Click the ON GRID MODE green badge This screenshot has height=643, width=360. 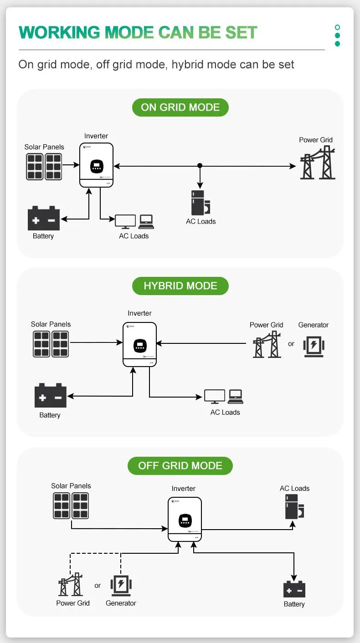tap(180, 107)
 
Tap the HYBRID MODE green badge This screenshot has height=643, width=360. tap(180, 286)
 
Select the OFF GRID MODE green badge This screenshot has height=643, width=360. tap(180, 466)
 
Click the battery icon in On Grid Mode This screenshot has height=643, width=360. tap(44, 219)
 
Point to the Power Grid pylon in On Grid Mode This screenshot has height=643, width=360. tap(318, 163)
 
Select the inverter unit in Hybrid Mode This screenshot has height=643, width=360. tap(140, 344)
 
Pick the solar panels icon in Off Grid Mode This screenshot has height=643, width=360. tap(71, 505)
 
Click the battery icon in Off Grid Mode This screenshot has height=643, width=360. tap(294, 589)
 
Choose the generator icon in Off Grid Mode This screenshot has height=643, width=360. tap(121, 585)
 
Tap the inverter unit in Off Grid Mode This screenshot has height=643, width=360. tap(185, 519)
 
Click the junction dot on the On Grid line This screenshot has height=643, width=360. tap(200, 166)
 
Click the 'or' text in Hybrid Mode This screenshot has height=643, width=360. tap(291, 344)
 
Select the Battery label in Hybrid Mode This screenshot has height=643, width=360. tap(50, 415)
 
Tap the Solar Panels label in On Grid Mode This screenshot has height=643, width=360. tap(44, 147)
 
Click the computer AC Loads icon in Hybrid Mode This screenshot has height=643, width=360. tap(223, 396)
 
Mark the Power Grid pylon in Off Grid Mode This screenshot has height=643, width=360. tap(71, 585)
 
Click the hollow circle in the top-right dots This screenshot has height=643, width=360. tap(337, 27)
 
